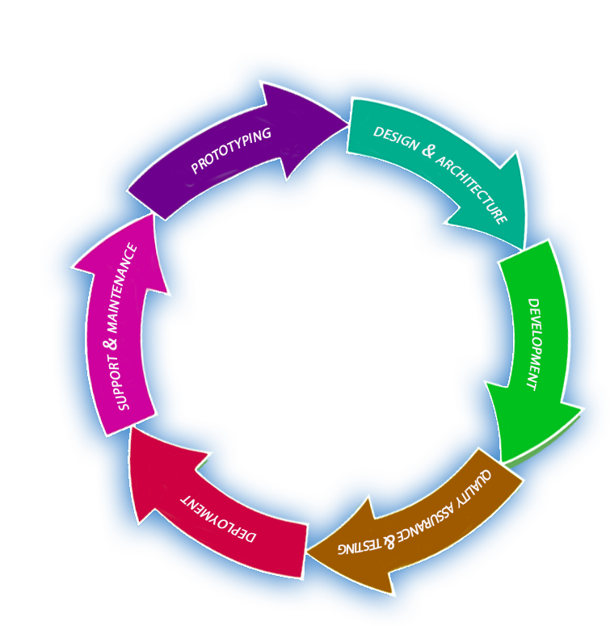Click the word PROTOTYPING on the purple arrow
[x=231, y=151]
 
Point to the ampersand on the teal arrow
[x=429, y=151]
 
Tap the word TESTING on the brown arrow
[x=358, y=545]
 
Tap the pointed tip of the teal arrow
[x=524, y=247]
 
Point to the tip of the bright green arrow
[x=503, y=463]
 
